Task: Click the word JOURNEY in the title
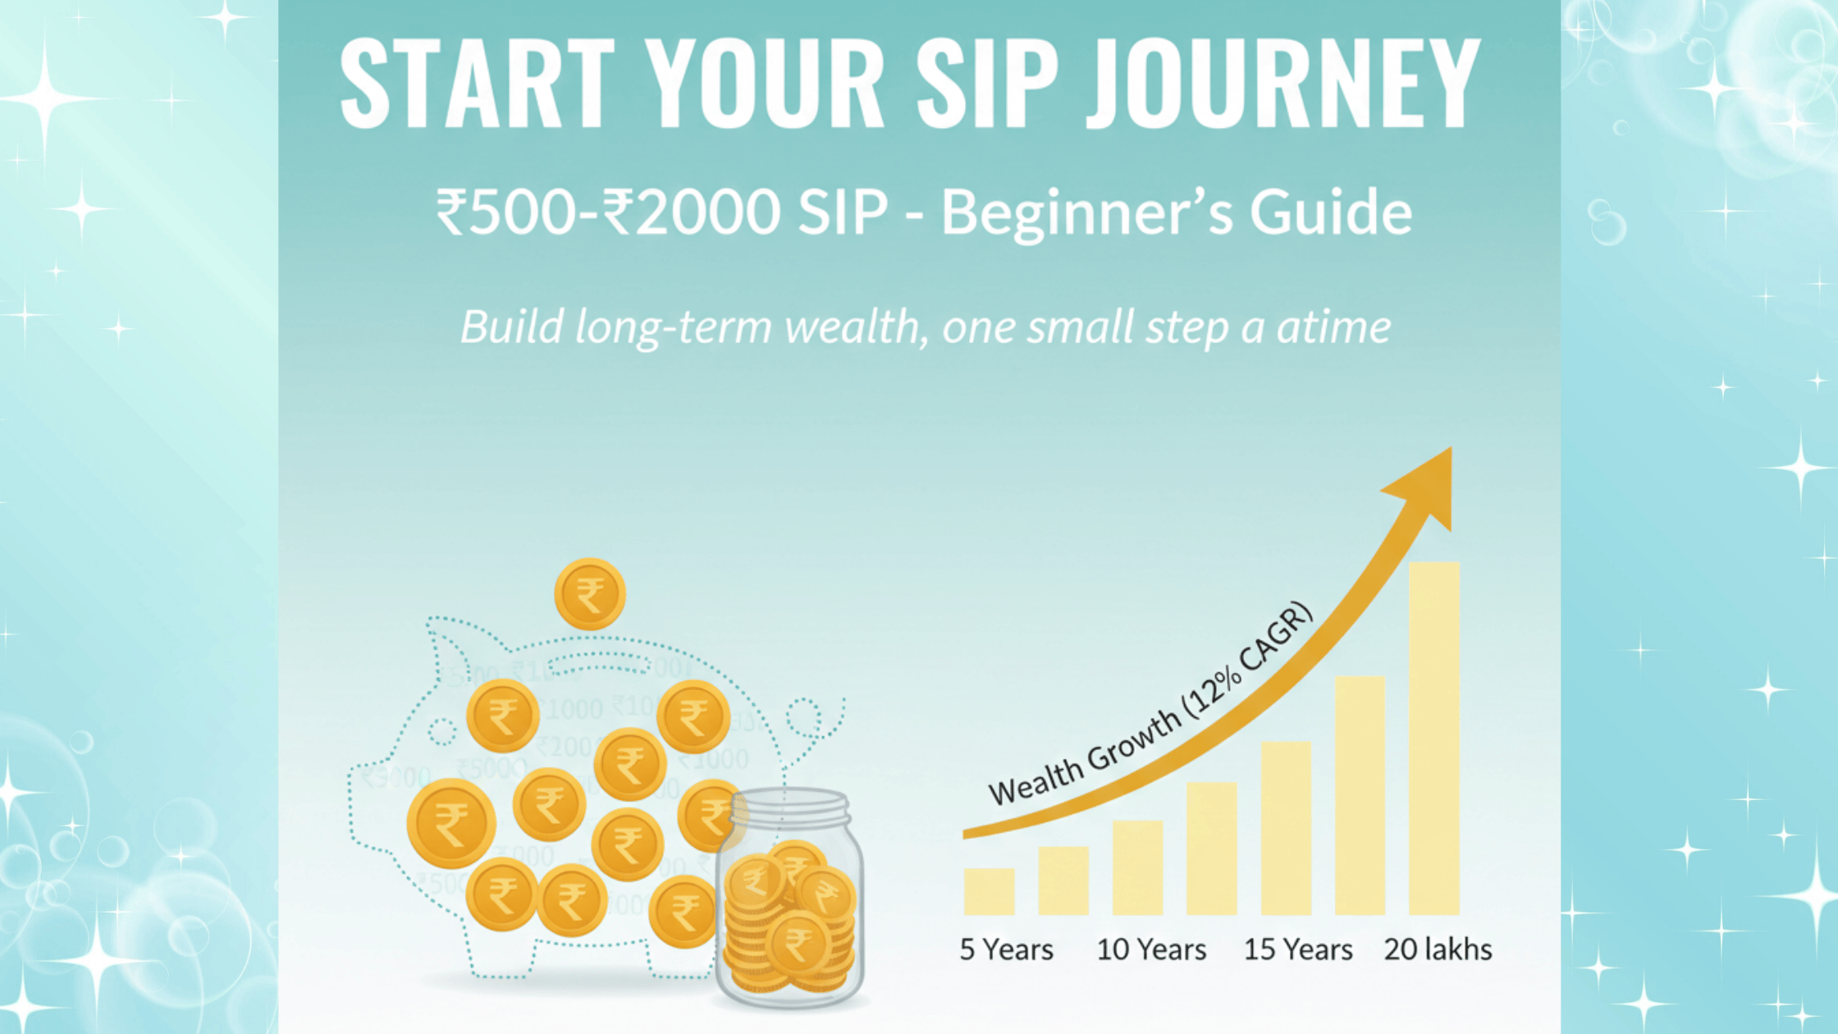1283,84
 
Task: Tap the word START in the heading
477,84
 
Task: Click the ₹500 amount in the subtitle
505,212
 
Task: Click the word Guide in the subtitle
1330,212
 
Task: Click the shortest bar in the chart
989,891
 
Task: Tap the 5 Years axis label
1006,949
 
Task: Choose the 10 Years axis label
1151,949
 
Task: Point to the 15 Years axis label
1297,949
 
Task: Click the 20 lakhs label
1438,949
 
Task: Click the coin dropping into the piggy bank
589,593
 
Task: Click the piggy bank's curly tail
812,719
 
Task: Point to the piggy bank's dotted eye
442,730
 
